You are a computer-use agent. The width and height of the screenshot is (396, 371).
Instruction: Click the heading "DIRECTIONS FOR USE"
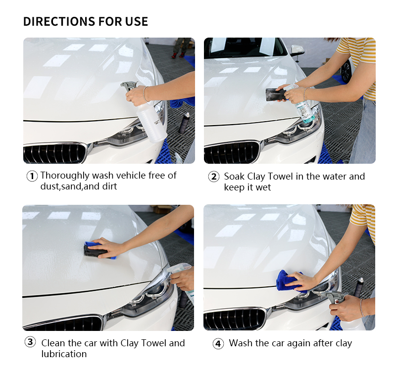click(x=85, y=21)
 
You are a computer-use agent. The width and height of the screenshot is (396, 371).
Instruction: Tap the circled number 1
click(x=32, y=176)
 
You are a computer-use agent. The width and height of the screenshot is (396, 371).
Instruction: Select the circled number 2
click(x=214, y=177)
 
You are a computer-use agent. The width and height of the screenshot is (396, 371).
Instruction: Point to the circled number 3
click(x=30, y=342)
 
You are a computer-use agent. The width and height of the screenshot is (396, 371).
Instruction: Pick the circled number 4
click(x=218, y=344)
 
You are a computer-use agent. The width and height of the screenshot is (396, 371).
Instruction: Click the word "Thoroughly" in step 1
click(x=65, y=176)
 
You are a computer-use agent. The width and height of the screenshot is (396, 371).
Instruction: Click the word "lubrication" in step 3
click(x=64, y=354)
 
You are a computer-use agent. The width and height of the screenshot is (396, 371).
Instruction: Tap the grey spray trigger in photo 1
click(x=129, y=85)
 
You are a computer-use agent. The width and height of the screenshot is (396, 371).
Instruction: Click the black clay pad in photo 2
click(x=275, y=94)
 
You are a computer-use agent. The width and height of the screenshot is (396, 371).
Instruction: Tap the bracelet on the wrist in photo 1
click(x=145, y=93)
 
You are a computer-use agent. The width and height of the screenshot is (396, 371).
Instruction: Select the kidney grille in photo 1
click(x=55, y=153)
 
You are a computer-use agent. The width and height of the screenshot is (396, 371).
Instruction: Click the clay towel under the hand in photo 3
click(x=96, y=250)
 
